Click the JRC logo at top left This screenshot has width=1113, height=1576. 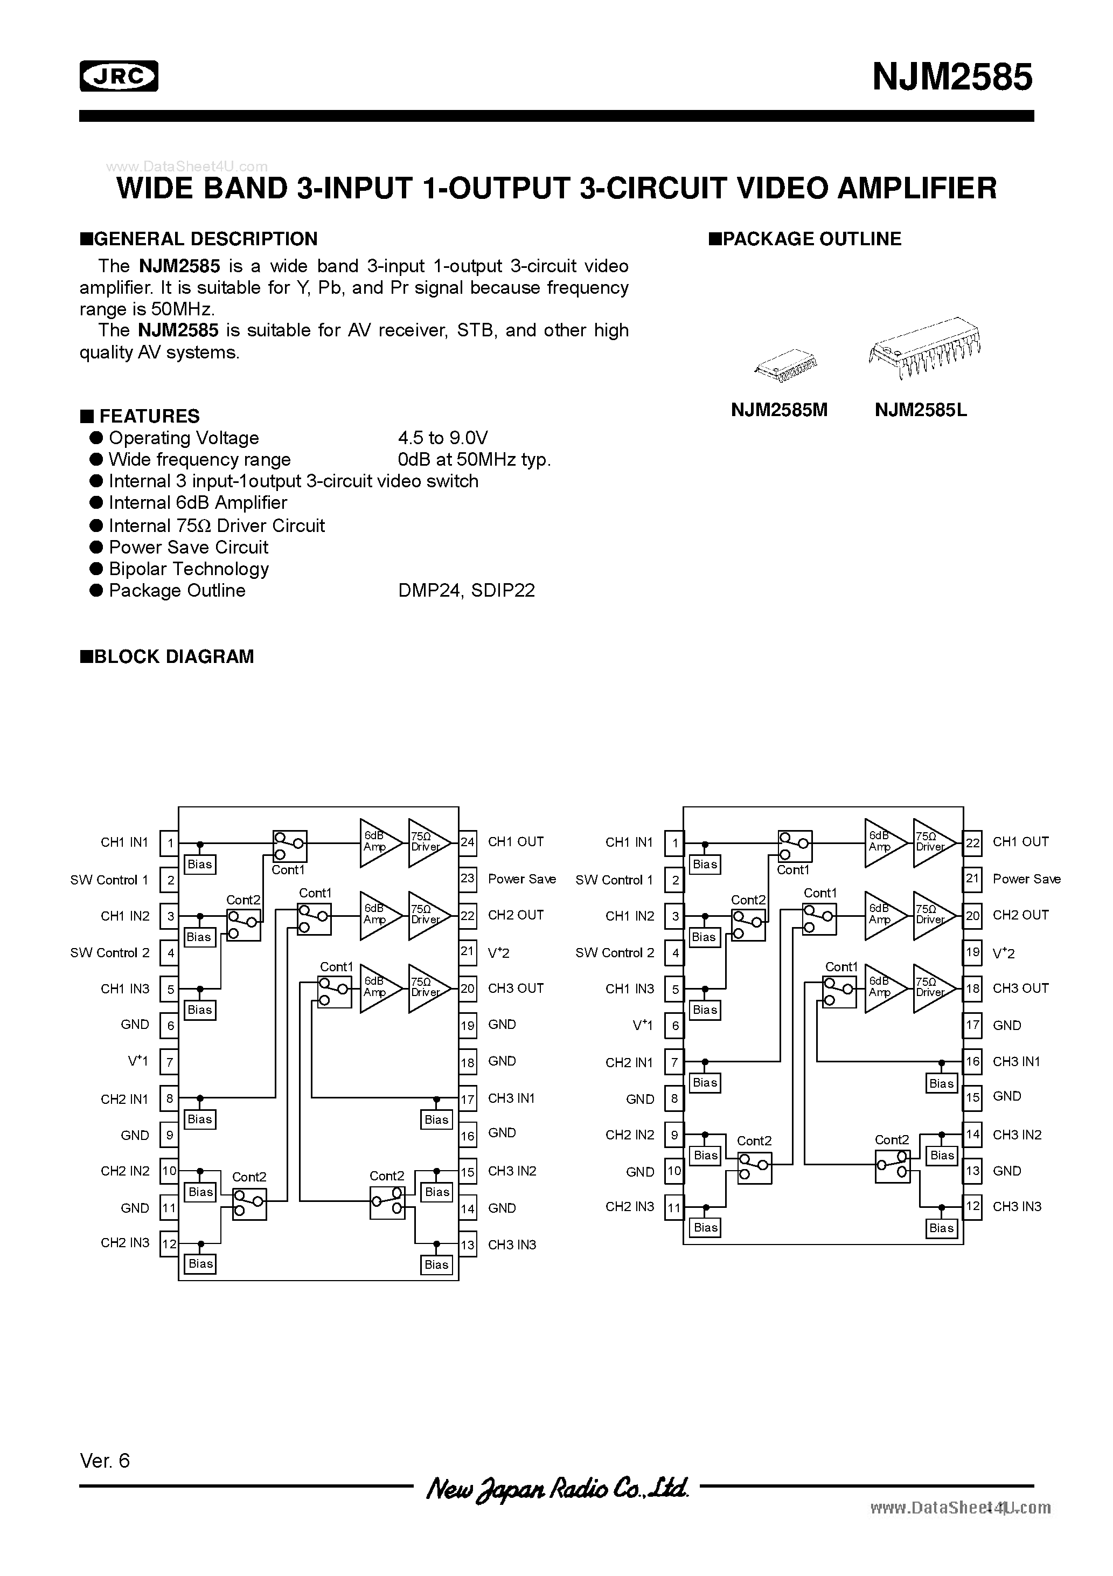(x=119, y=76)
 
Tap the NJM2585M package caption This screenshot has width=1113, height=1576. (x=779, y=411)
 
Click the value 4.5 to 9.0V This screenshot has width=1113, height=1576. (x=443, y=438)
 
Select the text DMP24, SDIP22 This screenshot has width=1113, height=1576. (x=466, y=590)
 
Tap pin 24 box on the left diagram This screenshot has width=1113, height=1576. (x=467, y=842)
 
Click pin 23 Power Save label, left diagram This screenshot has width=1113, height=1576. (x=521, y=879)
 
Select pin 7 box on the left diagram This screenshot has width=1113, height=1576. (x=169, y=1062)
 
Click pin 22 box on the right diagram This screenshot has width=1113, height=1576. (x=972, y=843)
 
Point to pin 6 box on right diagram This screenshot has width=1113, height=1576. (x=674, y=1026)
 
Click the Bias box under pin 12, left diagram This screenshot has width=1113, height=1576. (x=200, y=1264)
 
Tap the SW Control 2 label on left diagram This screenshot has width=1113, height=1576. (x=110, y=953)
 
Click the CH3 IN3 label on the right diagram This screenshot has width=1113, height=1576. (x=1017, y=1207)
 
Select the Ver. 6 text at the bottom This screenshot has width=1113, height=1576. (x=105, y=1461)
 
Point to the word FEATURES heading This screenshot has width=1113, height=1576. (x=149, y=417)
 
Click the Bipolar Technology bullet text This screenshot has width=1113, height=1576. (x=189, y=569)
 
